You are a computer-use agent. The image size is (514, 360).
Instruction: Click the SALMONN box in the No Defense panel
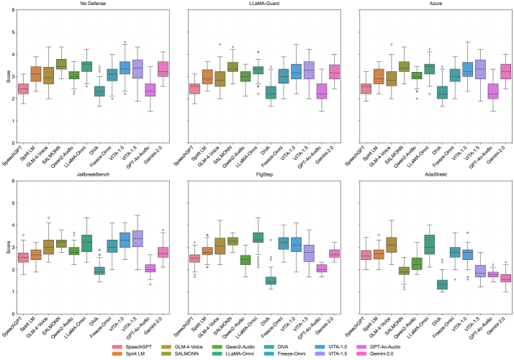pos(62,63)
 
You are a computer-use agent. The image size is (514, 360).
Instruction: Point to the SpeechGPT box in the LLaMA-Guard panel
pos(190,89)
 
